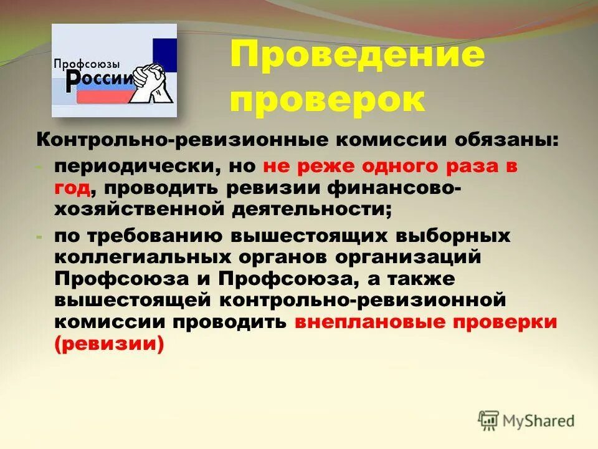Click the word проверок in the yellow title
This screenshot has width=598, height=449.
tap(328, 100)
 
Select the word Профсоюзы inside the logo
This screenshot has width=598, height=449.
tap(87, 64)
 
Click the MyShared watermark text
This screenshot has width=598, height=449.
tap(539, 421)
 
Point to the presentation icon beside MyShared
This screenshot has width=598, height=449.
tap(490, 420)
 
